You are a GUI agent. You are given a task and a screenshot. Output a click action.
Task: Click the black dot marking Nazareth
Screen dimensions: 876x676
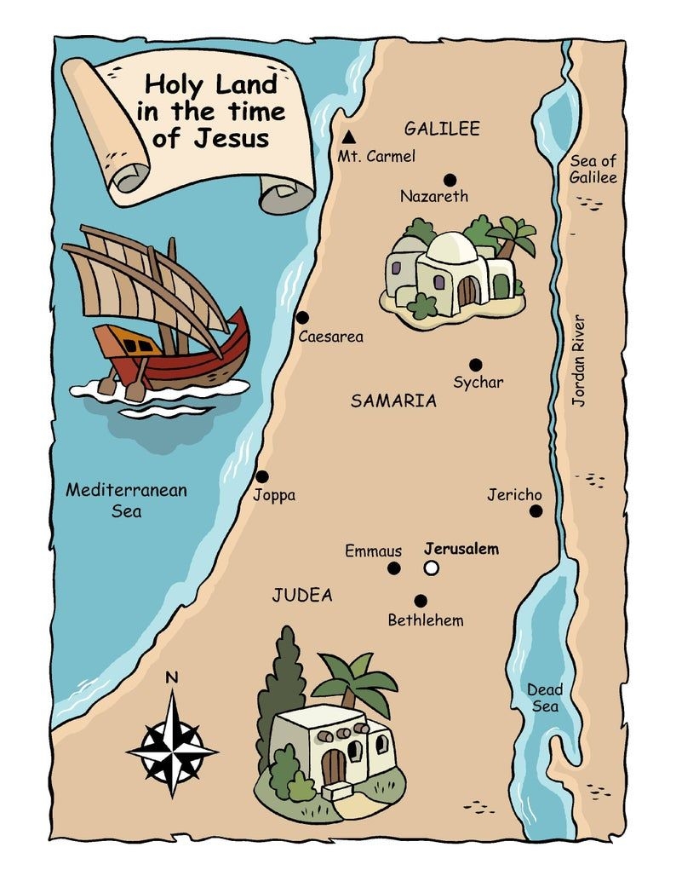click(450, 180)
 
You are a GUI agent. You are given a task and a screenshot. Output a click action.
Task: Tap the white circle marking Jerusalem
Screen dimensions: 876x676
click(432, 568)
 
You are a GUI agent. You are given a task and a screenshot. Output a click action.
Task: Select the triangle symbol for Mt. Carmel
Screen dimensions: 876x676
click(348, 137)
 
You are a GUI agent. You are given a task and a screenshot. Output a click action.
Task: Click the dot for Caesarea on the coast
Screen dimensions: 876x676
click(302, 317)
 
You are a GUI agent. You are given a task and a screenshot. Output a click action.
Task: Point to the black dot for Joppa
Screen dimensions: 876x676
click(262, 476)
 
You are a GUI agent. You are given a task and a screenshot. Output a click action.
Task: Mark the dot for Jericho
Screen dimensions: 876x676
click(536, 511)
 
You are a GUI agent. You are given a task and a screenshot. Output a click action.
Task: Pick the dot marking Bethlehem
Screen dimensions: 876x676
click(420, 601)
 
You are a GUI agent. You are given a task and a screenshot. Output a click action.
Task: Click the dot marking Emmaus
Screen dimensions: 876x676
click(394, 568)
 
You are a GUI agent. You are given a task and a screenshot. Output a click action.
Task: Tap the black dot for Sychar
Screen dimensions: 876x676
click(475, 365)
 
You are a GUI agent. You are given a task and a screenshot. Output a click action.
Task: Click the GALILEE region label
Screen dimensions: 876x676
click(442, 130)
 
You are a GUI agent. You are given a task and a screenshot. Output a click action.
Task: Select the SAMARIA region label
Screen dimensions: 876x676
click(393, 401)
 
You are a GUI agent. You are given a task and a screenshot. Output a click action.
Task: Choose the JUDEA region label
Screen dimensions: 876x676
click(301, 595)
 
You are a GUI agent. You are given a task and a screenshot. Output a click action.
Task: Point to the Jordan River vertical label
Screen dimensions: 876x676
click(579, 360)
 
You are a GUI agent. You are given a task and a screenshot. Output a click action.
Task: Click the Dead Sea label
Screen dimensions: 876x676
click(545, 698)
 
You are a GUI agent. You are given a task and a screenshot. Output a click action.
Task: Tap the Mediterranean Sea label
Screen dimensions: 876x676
click(126, 500)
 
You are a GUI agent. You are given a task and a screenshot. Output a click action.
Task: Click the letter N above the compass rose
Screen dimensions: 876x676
click(171, 678)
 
